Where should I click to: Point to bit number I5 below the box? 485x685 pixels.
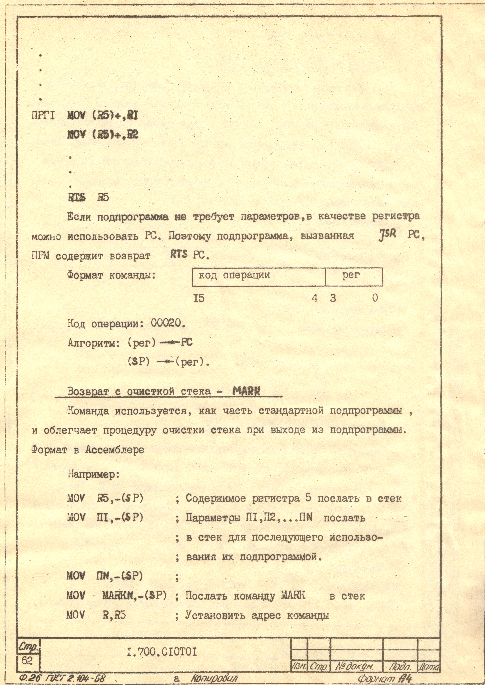pos(199,298)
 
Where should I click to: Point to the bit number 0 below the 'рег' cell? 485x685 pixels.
pos(375,298)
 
